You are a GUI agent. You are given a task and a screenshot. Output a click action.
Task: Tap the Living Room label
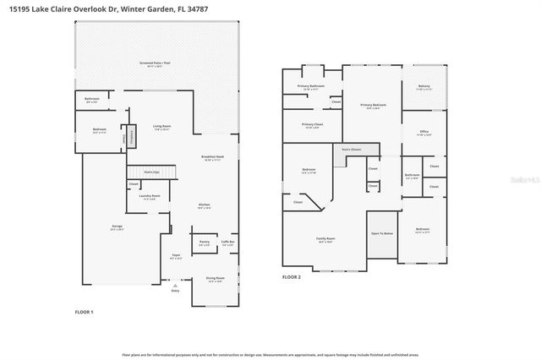tap(162, 128)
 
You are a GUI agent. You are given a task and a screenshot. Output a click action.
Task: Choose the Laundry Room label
tap(150, 196)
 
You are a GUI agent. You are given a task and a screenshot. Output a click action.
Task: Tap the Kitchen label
tap(204, 205)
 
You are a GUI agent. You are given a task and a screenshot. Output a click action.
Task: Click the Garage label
tap(117, 227)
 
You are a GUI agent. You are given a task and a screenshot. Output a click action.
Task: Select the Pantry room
tap(204, 243)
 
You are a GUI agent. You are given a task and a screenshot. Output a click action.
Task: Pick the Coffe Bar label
tap(227, 243)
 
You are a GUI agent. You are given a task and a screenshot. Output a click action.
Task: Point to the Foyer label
tap(176, 256)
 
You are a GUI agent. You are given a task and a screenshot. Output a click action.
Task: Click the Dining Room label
tap(216, 279)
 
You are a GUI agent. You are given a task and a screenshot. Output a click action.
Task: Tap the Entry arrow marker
tap(175, 288)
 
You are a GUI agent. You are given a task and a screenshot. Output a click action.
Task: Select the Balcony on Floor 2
tap(424, 86)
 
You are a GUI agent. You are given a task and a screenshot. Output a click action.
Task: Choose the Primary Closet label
tap(311, 126)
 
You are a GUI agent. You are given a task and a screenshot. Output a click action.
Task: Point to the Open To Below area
tap(381, 234)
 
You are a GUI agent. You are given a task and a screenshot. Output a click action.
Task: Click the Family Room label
tap(325, 240)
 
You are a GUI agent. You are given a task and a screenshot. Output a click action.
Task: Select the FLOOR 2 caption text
tap(292, 276)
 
